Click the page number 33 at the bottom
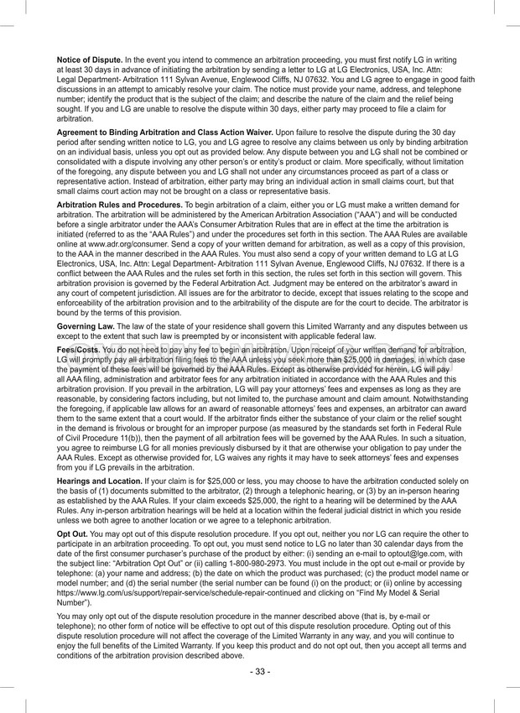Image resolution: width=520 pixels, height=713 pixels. (260, 672)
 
